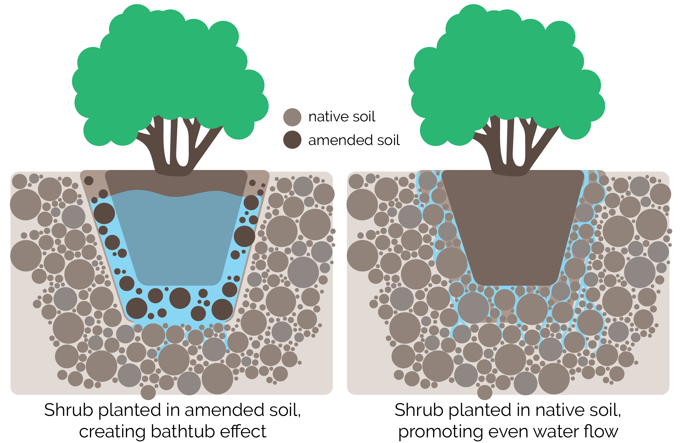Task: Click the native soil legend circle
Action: tap(292, 117)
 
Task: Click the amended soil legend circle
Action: tap(292, 140)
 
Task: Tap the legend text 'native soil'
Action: tap(342, 117)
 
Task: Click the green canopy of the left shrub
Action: tap(169, 72)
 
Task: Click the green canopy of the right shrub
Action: tap(506, 72)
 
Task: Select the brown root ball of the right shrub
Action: tap(513, 229)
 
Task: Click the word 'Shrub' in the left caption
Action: tap(68, 410)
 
